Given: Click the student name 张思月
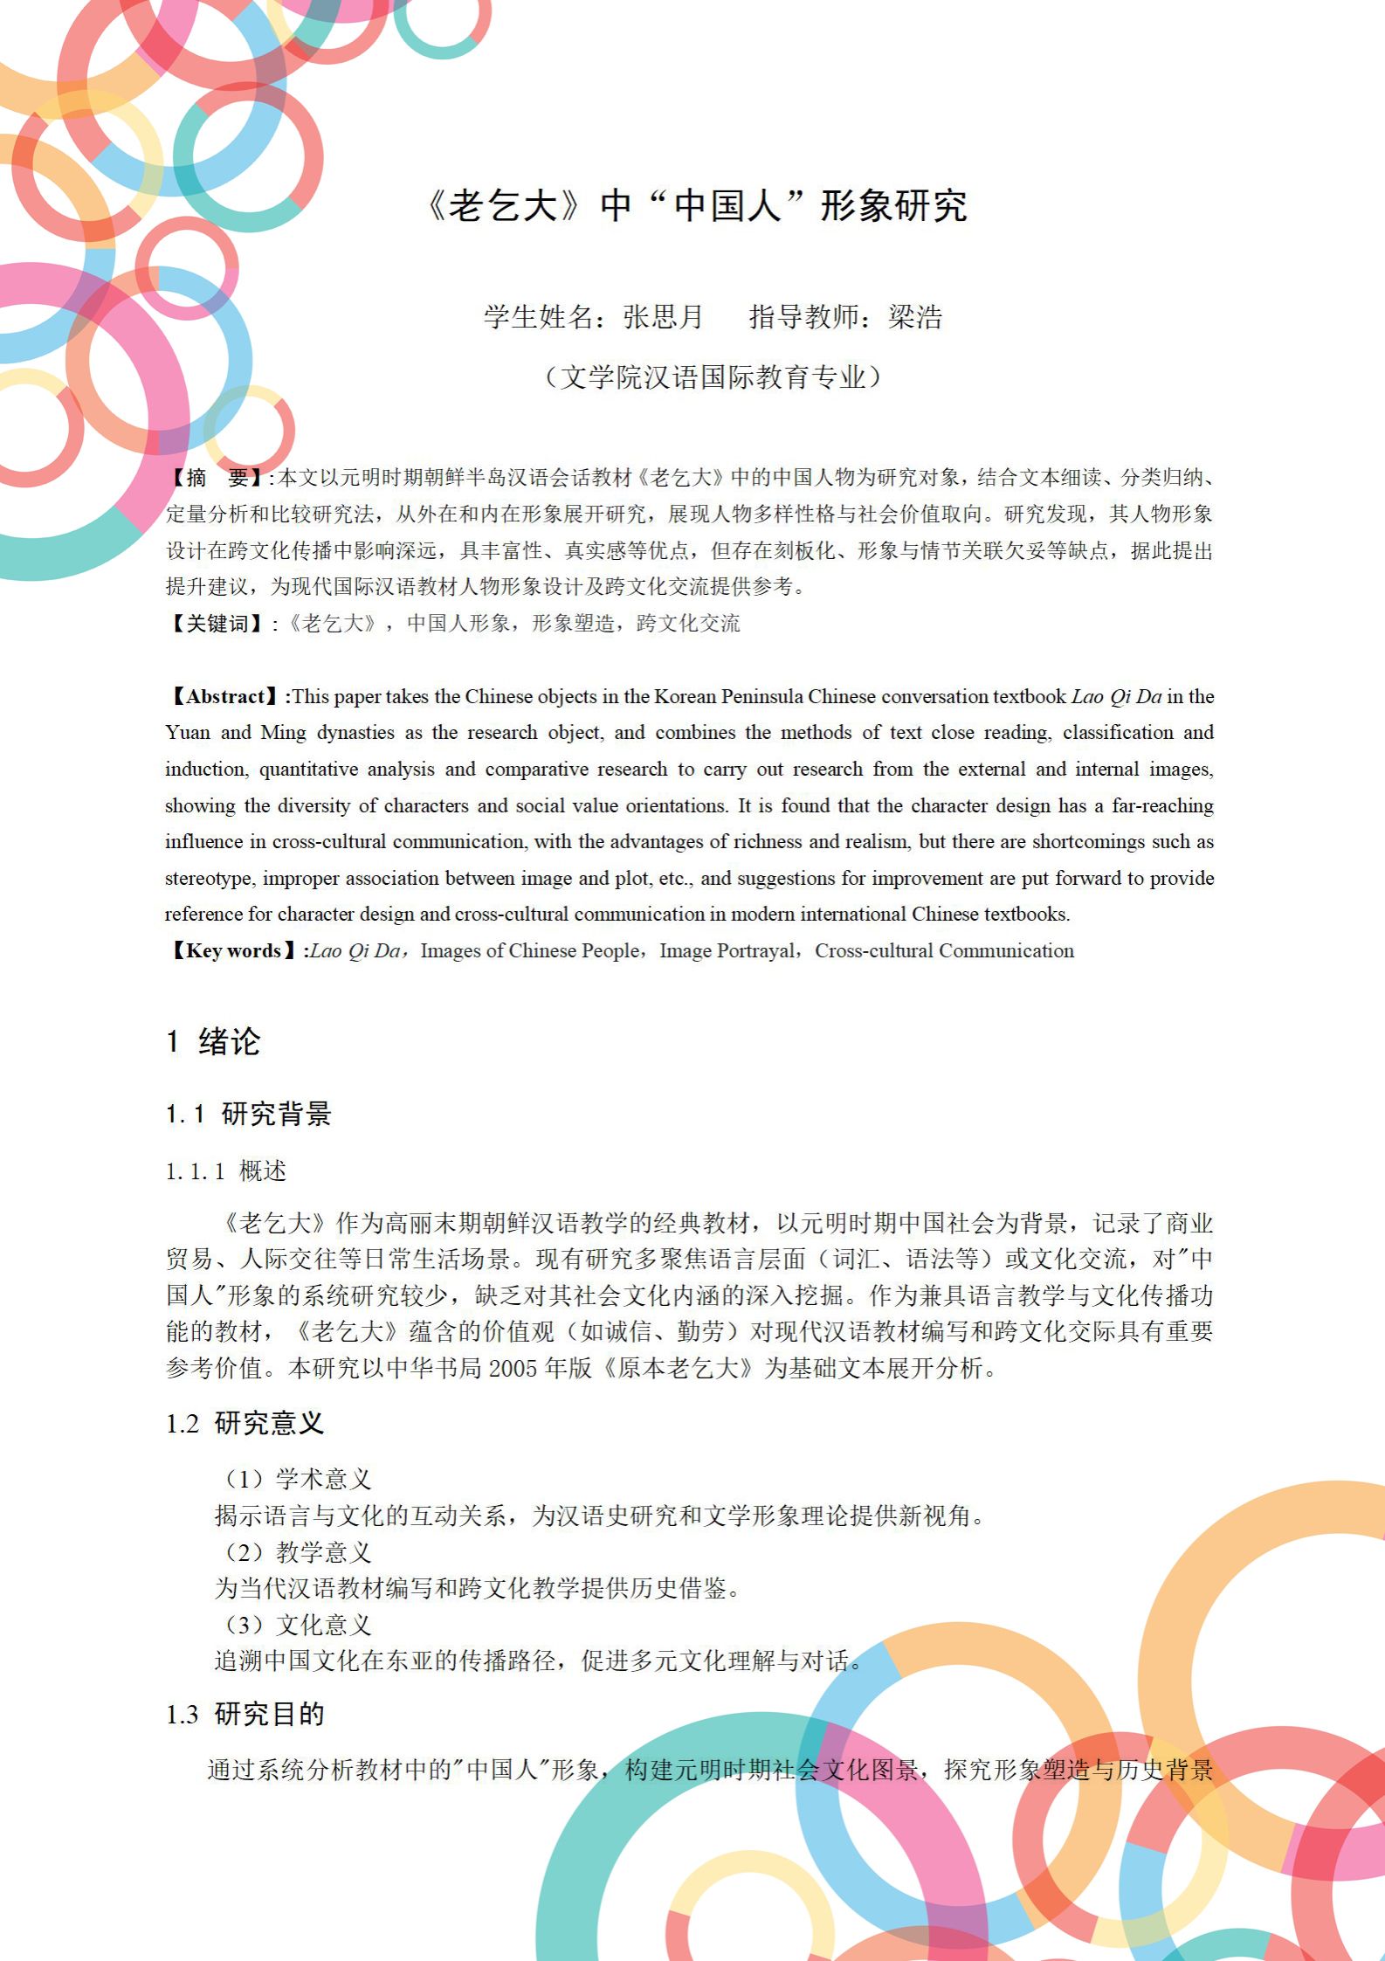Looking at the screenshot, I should (x=663, y=316).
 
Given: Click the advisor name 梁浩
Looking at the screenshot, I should (x=915, y=316).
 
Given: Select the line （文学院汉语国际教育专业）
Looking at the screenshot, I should (x=713, y=376).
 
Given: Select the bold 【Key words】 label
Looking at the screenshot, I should (x=234, y=950).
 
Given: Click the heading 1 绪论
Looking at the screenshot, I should (x=213, y=1041).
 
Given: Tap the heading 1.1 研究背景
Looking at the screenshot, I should (x=249, y=1114).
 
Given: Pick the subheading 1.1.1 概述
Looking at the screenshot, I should (x=226, y=1170).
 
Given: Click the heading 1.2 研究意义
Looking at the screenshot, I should (x=245, y=1423).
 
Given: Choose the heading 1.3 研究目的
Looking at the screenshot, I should (x=245, y=1714).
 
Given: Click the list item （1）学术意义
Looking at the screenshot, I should (x=298, y=1479).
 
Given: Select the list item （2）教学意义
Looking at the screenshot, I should (x=298, y=1551).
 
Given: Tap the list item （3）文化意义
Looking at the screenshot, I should (x=298, y=1625).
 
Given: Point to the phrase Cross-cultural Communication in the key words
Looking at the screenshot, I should (x=944, y=950).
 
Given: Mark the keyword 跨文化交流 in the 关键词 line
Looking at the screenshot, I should (x=688, y=623).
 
